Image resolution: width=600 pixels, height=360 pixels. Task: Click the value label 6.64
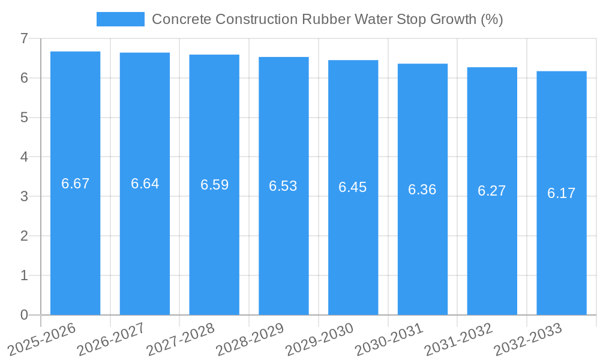tap(145, 184)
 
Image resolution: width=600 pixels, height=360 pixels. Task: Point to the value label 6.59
tap(214, 185)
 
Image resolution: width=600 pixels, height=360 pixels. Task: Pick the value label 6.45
tap(353, 187)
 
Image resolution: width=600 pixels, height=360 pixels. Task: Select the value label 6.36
tap(422, 190)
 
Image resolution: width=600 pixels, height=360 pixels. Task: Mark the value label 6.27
tap(492, 191)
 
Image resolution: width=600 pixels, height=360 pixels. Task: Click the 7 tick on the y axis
tap(24, 38)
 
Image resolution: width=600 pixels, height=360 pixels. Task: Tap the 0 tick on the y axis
tap(24, 315)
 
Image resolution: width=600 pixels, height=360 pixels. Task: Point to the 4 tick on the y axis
tap(24, 157)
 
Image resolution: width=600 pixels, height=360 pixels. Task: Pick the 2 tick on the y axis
tap(24, 236)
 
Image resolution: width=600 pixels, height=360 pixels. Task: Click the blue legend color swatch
tap(121, 19)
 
